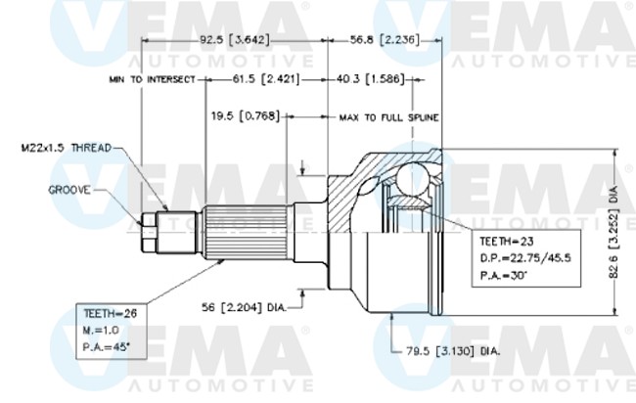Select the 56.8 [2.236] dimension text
[x=386, y=40]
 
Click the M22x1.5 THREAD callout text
[x=66, y=149]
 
